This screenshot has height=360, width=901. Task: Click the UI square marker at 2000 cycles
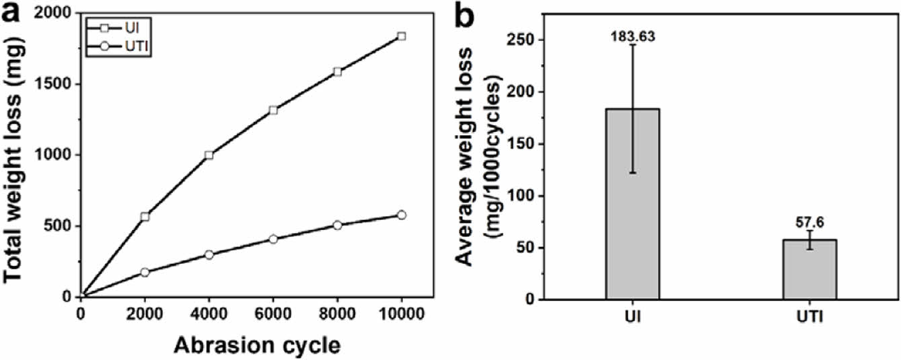click(x=145, y=217)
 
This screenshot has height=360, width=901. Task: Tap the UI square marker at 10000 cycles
click(x=402, y=36)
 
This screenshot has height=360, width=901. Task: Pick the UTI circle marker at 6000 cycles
click(x=273, y=239)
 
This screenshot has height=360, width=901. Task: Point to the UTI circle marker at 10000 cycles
click(x=402, y=215)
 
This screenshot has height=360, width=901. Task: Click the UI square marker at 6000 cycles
click(x=273, y=110)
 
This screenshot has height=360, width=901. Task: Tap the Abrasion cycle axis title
click(x=258, y=345)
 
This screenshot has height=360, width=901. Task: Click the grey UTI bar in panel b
click(x=809, y=269)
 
